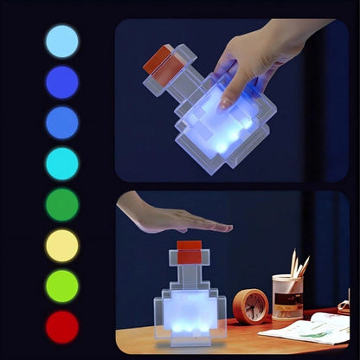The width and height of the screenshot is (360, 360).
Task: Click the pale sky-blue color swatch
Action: pos(61,42)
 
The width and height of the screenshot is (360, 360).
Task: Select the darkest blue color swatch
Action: pos(61,82)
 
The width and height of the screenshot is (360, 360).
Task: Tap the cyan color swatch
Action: pos(61,164)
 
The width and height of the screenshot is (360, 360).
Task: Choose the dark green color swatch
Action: pos(61,204)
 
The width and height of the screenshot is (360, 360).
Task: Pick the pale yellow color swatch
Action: pos(61,245)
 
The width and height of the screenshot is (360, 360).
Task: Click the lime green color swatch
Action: pos(61,286)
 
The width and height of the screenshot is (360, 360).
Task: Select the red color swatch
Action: pos(61,326)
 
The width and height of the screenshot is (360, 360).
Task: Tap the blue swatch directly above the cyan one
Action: pos(61,123)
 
